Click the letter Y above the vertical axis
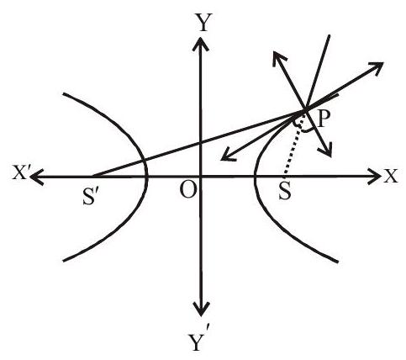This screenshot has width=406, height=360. pyautogui.click(x=203, y=22)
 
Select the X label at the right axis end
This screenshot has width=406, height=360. pyautogui.click(x=391, y=177)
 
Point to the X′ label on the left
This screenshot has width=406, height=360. pyautogui.click(x=20, y=174)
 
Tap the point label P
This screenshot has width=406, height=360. pyautogui.click(x=324, y=119)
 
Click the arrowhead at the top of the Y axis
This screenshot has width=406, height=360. pyautogui.click(x=200, y=44)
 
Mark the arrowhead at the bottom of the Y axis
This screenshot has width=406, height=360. pyautogui.click(x=201, y=309)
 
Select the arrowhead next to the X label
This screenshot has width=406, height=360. pyautogui.click(x=375, y=177)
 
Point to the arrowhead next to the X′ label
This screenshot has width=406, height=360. pyautogui.click(x=37, y=177)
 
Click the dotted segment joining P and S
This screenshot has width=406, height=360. pyautogui.click(x=293, y=148)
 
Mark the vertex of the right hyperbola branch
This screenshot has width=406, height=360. pyautogui.click(x=255, y=177)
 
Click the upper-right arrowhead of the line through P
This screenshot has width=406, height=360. pyautogui.click(x=375, y=68)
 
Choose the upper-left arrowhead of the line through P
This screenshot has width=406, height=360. pyautogui.click(x=279, y=58)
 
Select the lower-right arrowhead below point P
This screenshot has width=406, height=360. pyautogui.click(x=326, y=149)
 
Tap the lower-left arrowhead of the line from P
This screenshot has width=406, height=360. pyautogui.click(x=229, y=156)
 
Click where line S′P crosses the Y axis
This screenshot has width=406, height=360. pyautogui.click(x=201, y=143)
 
